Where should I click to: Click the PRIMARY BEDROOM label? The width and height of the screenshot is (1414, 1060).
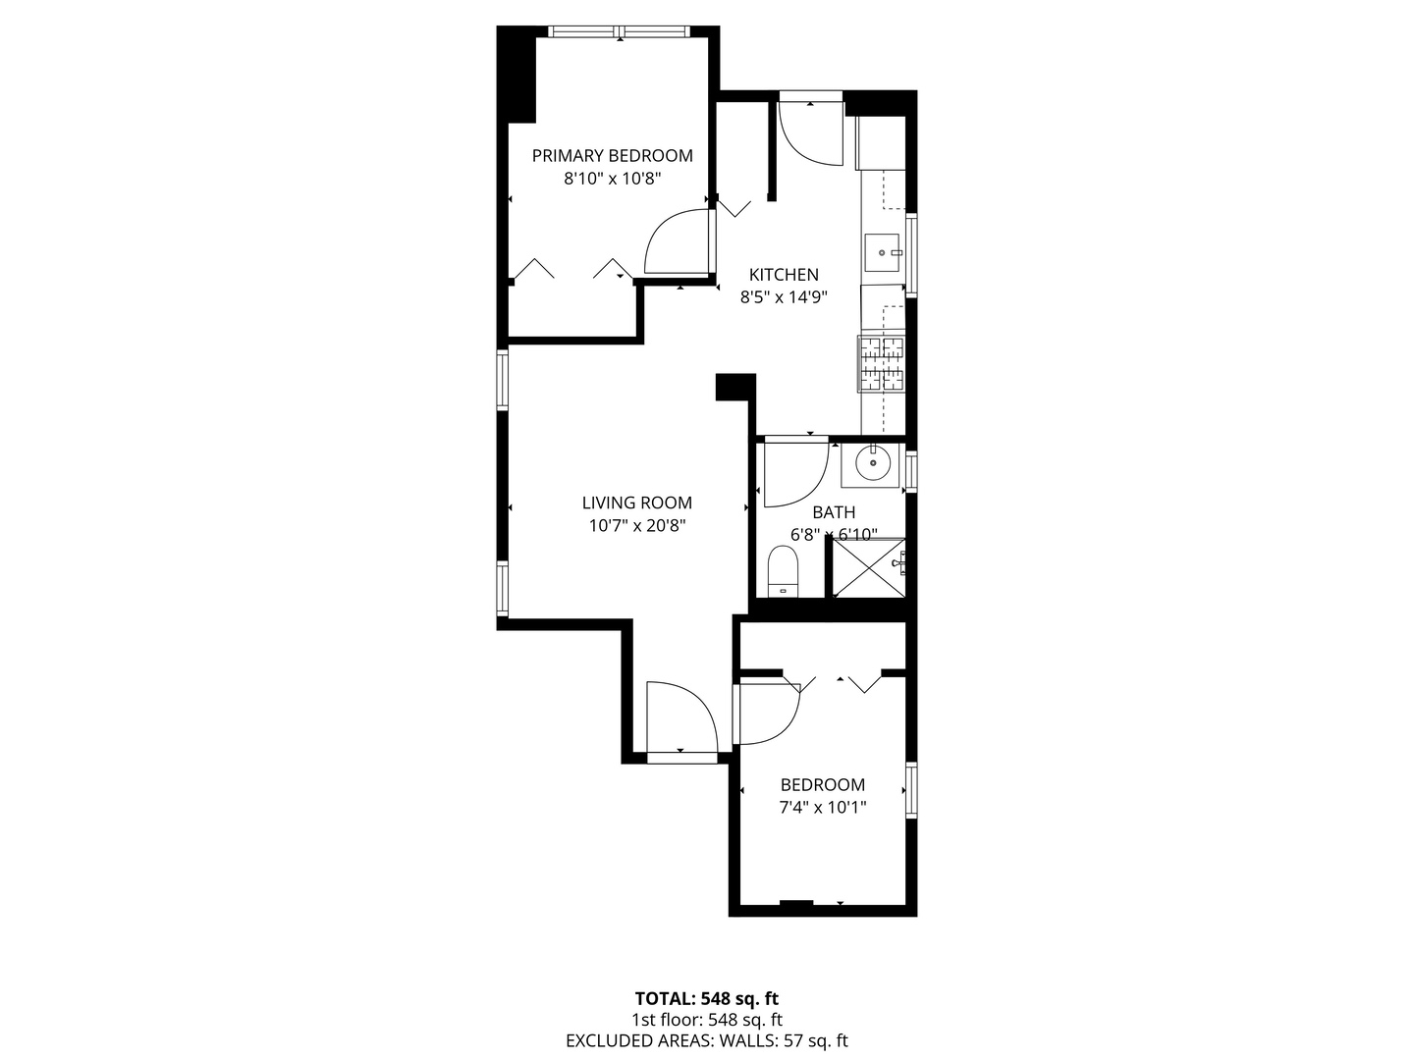click(612, 155)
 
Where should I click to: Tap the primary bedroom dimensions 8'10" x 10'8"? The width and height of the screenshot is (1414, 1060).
click(612, 179)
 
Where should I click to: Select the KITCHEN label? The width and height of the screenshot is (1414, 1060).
click(784, 275)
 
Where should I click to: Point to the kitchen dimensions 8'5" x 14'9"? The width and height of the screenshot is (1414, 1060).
click(784, 297)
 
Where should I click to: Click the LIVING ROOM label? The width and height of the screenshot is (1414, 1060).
click(636, 503)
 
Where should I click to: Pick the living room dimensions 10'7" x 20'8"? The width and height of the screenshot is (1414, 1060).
click(636, 525)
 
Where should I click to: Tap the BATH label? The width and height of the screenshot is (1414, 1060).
click(834, 512)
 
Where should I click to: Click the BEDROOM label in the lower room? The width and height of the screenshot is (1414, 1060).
click(823, 784)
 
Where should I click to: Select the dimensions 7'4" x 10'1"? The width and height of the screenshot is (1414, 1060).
click(823, 808)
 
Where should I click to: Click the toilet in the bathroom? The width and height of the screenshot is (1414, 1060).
click(783, 571)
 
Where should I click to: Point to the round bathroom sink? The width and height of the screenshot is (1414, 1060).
click(871, 461)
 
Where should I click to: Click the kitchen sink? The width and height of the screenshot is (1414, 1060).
click(883, 252)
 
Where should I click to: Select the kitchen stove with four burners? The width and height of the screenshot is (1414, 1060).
click(882, 363)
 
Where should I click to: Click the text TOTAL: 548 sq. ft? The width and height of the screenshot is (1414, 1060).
click(706, 1000)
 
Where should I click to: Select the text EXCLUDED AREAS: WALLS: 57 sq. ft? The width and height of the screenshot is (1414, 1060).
click(706, 1041)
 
